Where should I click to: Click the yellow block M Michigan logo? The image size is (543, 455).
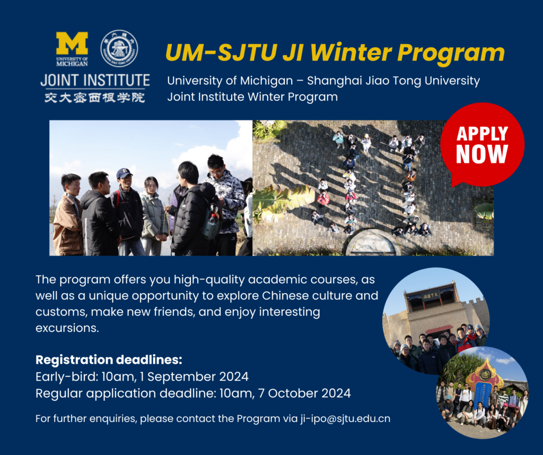coord(72,43)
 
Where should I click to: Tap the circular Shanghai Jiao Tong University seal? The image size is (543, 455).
coord(119,48)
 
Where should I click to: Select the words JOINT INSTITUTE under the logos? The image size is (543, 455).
coord(95,80)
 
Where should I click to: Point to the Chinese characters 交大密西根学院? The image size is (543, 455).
coord(94,98)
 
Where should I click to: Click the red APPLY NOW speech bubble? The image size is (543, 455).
coord(482,145)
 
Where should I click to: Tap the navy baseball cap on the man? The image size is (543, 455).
coord(124,173)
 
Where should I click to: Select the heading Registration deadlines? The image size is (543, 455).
coord(109,360)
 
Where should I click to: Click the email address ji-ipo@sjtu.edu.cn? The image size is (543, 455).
coord(345,418)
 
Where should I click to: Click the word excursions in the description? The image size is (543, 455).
coord(67,328)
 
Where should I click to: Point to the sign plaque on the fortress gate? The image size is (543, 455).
coord(431,295)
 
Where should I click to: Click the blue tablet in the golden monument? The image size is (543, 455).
coord(484,393)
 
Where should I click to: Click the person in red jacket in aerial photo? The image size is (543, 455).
coord(323,198)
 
